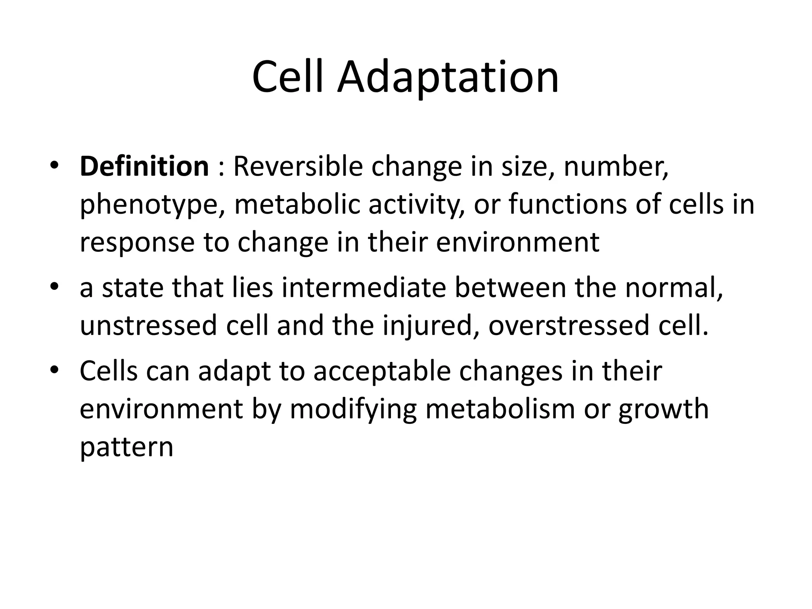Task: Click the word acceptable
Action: (x=382, y=371)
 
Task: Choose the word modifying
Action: (x=353, y=410)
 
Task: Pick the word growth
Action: (x=663, y=410)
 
